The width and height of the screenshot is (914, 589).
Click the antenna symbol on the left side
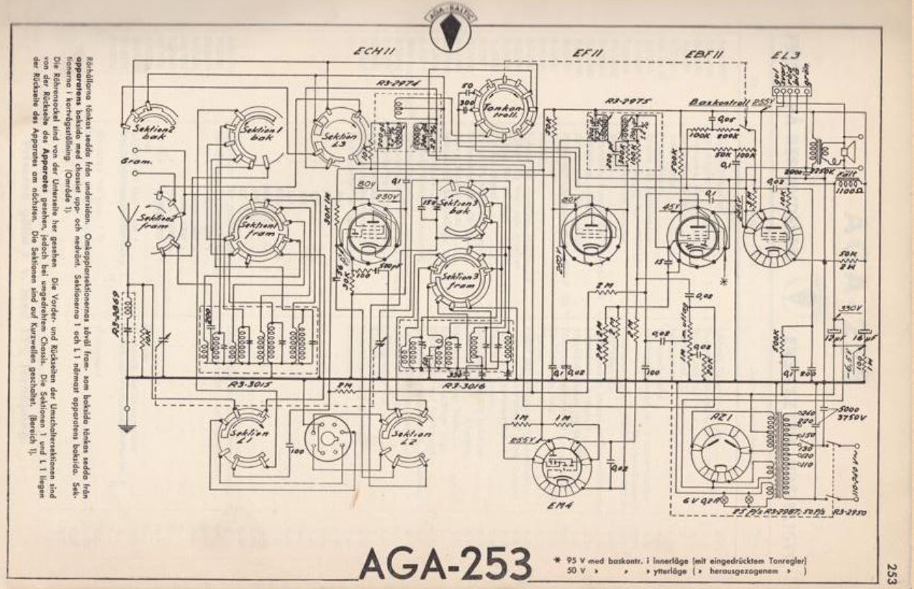(x=130, y=214)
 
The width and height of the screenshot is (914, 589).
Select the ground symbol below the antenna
(x=127, y=429)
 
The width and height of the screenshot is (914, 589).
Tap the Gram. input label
(x=133, y=162)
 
